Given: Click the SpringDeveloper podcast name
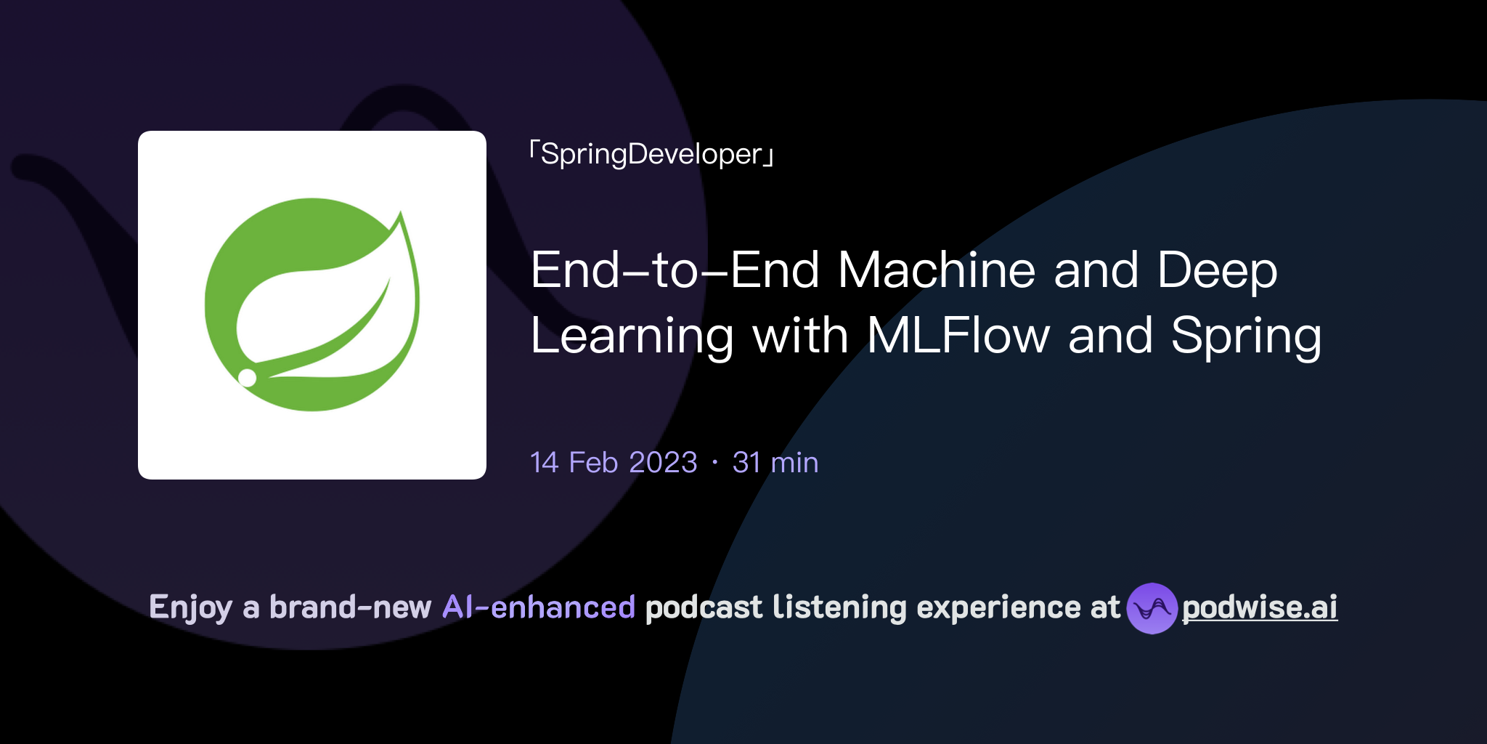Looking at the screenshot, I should pyautogui.click(x=651, y=154).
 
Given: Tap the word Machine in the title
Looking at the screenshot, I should pyautogui.click(x=936, y=270).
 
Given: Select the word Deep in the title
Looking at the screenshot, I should pyautogui.click(x=1217, y=270).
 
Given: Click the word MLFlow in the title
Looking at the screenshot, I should pyautogui.click(x=958, y=336).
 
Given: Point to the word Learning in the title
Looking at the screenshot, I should pyautogui.click(x=632, y=336).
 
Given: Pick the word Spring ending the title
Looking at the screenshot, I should pyautogui.click(x=1246, y=336).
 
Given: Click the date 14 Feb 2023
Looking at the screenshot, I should pyautogui.click(x=614, y=463).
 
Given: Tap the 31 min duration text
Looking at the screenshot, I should pyautogui.click(x=775, y=463).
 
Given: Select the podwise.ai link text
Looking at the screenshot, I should pyautogui.click(x=1260, y=607).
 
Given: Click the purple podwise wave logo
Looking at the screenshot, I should pyautogui.click(x=1152, y=608).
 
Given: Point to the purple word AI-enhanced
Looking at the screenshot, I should pyautogui.click(x=539, y=607).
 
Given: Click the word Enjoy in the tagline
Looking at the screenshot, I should pyautogui.click(x=190, y=607).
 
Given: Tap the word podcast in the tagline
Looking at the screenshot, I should pyautogui.click(x=704, y=607).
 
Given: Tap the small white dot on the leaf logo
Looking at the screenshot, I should pyautogui.click(x=248, y=377).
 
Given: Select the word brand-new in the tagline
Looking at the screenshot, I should pyautogui.click(x=350, y=607).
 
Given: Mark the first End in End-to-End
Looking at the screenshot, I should pyautogui.click(x=576, y=270).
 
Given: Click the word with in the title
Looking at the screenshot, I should pyautogui.click(x=799, y=336).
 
